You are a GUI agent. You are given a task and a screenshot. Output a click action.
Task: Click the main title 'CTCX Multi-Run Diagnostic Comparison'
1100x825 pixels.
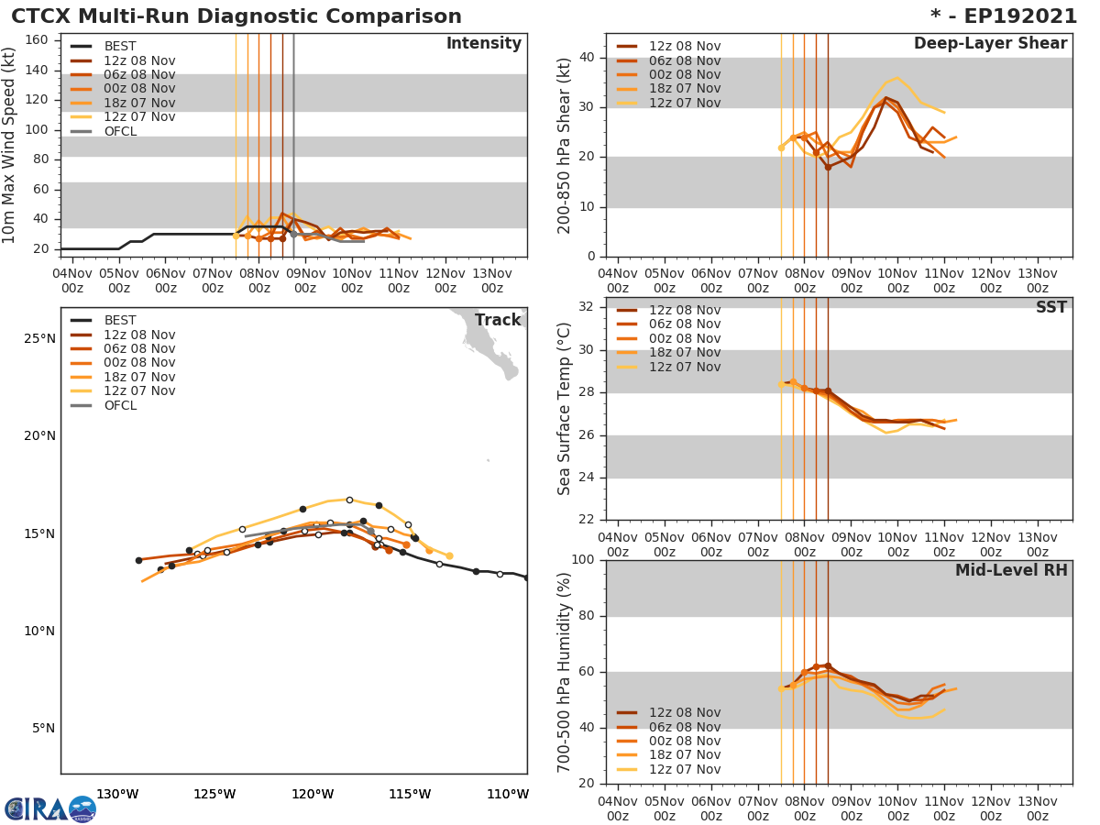236,16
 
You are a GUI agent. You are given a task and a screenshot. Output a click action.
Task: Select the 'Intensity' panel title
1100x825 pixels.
483,44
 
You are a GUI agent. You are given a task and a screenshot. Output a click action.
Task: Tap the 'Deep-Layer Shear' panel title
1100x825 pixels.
990,44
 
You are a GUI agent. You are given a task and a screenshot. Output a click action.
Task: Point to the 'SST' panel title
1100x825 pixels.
1050,308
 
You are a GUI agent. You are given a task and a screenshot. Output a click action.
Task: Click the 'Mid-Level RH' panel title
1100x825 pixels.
1011,571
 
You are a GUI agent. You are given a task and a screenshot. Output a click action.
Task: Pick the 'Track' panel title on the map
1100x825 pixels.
498,321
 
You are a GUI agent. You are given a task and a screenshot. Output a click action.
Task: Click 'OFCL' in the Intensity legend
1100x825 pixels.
120,131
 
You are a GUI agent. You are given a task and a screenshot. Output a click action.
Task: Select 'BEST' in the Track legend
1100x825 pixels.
120,321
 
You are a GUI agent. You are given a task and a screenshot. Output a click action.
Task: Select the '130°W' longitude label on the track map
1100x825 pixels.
117,795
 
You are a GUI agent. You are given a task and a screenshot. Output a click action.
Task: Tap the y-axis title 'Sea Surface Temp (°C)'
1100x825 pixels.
565,409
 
